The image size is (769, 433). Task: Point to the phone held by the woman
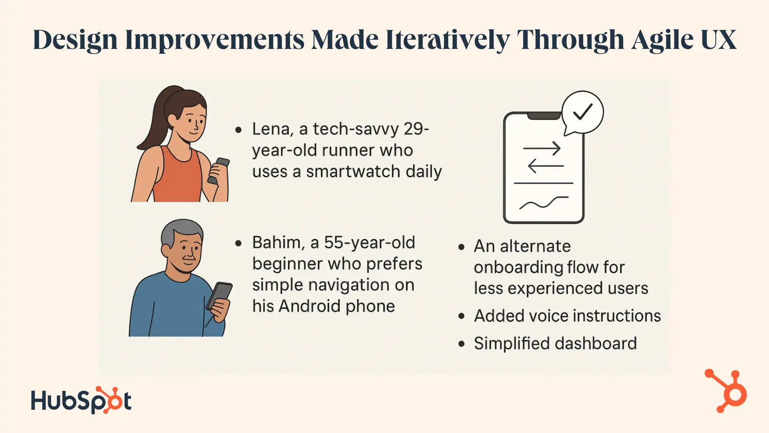[x=219, y=170]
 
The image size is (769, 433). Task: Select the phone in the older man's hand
[x=219, y=297]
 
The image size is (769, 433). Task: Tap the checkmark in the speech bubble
[x=583, y=112]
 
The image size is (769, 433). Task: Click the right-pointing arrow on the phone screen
[x=542, y=149]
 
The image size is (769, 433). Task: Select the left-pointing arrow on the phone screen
[x=546, y=166]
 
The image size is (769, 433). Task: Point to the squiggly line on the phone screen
[x=544, y=203]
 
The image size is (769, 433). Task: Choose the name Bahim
[x=276, y=243]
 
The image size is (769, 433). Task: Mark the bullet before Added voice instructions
[x=462, y=316]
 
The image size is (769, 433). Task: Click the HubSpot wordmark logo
[x=81, y=400]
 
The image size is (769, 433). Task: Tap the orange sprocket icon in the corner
[x=726, y=391]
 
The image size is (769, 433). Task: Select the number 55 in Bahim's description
[x=334, y=243]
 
